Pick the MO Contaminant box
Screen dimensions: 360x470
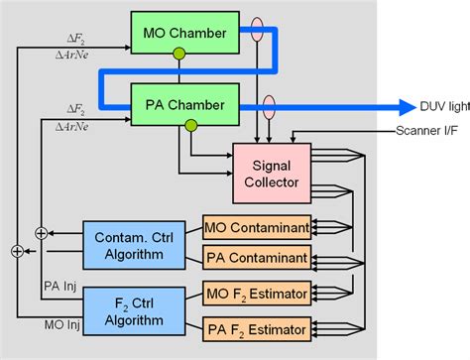point(256,227)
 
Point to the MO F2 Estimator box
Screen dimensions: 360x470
point(256,293)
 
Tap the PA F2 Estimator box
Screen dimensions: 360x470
point(256,325)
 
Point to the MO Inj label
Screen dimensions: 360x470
point(60,323)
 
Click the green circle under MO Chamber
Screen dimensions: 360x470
point(178,54)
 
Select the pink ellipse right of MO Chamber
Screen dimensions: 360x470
point(258,27)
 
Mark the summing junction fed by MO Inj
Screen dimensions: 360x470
point(18,252)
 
